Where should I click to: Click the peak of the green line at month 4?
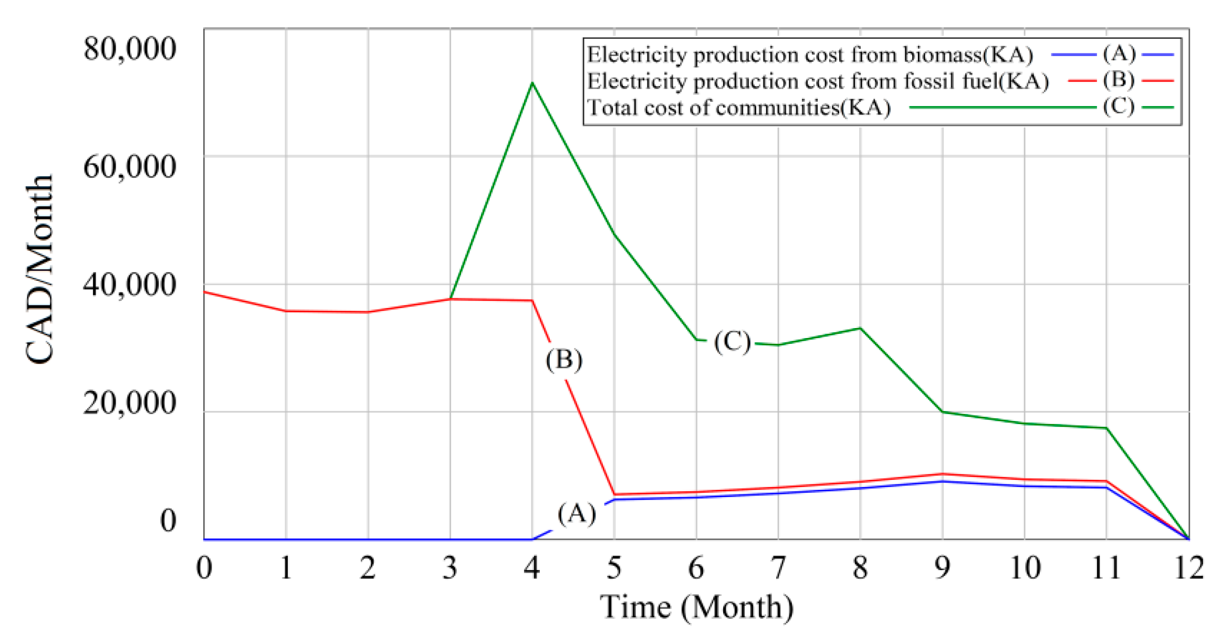(532, 83)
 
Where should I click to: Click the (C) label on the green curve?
(732, 342)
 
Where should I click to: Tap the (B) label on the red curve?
(564, 360)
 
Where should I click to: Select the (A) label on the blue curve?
(577, 513)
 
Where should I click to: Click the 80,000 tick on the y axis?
(129, 49)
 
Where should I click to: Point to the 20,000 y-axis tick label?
(129, 403)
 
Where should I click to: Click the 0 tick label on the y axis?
(168, 521)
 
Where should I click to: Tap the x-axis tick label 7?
(778, 568)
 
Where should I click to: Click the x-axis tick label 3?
(450, 568)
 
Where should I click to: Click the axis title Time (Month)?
(696, 607)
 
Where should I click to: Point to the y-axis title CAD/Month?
(40, 269)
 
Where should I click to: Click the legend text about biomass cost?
(809, 55)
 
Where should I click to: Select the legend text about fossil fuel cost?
(818, 81)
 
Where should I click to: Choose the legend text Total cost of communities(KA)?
(738, 108)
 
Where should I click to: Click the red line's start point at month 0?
(204, 292)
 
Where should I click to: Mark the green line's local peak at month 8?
(860, 328)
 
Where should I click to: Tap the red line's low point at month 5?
(614, 494)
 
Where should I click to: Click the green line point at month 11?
(1106, 428)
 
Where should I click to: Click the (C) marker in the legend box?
(1119, 107)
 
